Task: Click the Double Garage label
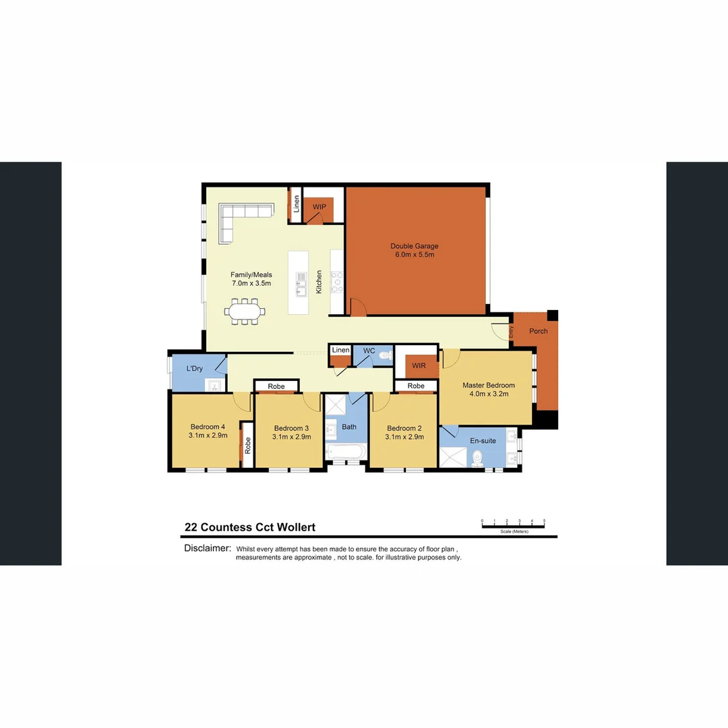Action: click(414, 247)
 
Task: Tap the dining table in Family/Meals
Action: click(244, 312)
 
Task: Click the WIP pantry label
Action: click(319, 207)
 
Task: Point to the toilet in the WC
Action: click(385, 355)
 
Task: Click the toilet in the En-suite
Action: click(478, 458)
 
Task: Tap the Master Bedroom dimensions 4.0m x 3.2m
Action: click(488, 394)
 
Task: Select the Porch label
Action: click(539, 331)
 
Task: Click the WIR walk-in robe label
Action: click(419, 365)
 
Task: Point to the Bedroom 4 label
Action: click(208, 427)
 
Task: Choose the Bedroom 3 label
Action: click(291, 428)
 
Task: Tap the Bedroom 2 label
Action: click(404, 428)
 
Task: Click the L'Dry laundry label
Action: click(195, 369)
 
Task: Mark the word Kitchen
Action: click(320, 282)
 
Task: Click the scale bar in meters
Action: click(513, 525)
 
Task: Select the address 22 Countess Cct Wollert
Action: click(249, 528)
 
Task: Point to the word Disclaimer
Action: click(208, 548)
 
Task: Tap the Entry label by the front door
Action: click(511, 332)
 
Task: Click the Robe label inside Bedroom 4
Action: click(247, 444)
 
